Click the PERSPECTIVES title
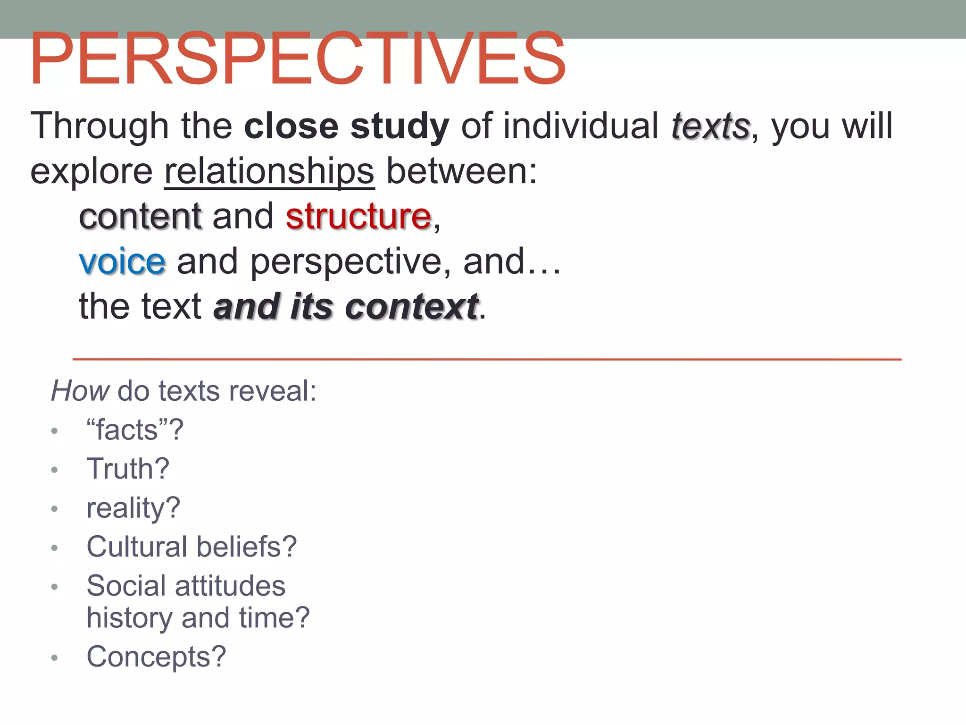pyautogui.click(x=297, y=59)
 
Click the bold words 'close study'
pyautogui.click(x=347, y=126)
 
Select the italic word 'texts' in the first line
pyautogui.click(x=710, y=126)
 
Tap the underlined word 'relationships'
pyautogui.click(x=269, y=171)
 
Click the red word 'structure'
pyautogui.click(x=358, y=216)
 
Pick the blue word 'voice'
pyautogui.click(x=122, y=261)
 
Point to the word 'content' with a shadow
pyautogui.click(x=141, y=216)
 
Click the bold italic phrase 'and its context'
pyautogui.click(x=346, y=307)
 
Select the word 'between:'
pyautogui.click(x=461, y=171)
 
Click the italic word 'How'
pyautogui.click(x=80, y=391)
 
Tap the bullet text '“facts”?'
pyautogui.click(x=135, y=430)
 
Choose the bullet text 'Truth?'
pyautogui.click(x=128, y=469)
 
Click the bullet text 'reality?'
pyautogui.click(x=133, y=508)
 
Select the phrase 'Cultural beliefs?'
pyautogui.click(x=192, y=547)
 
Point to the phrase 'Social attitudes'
pyautogui.click(x=186, y=586)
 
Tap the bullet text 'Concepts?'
pyautogui.click(x=156, y=657)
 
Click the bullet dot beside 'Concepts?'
pyautogui.click(x=55, y=658)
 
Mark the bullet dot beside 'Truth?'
pyautogui.click(x=55, y=470)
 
